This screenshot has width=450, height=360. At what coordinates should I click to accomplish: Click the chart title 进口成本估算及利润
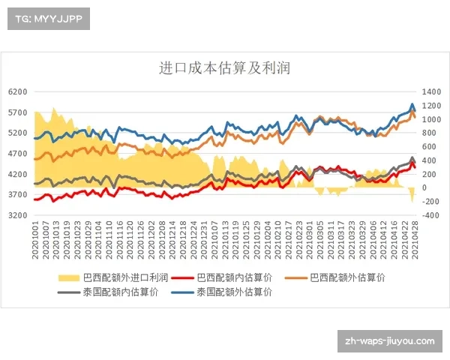tap(225, 67)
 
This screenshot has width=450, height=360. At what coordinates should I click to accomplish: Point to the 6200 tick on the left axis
tap(17, 91)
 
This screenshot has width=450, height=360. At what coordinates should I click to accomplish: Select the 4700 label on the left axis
tap(17, 153)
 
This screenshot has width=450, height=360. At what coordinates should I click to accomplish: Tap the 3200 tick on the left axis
tap(17, 214)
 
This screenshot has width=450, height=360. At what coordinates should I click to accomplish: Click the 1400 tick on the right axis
tap(433, 91)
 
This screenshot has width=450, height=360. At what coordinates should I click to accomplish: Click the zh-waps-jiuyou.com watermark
tap(388, 341)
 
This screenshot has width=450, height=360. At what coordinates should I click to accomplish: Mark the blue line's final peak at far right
tap(412, 104)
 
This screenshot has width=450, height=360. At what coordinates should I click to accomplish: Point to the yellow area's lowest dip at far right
tap(412, 201)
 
